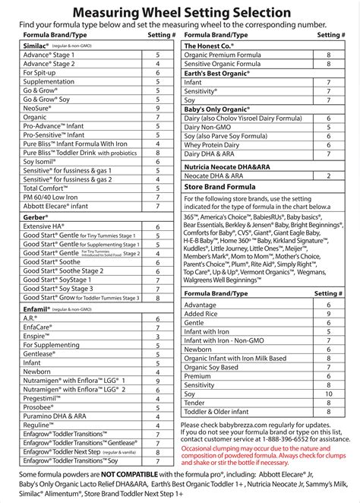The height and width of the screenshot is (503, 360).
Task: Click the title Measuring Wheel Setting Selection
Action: click(180, 12)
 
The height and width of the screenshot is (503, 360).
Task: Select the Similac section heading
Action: click(36, 46)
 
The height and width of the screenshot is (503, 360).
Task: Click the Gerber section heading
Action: click(36, 216)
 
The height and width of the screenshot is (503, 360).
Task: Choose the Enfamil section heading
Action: click(38, 309)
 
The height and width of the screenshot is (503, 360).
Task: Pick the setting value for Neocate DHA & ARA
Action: click(328, 176)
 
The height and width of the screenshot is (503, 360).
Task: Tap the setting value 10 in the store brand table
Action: click(328, 394)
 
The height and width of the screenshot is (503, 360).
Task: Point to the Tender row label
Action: click(196, 403)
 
